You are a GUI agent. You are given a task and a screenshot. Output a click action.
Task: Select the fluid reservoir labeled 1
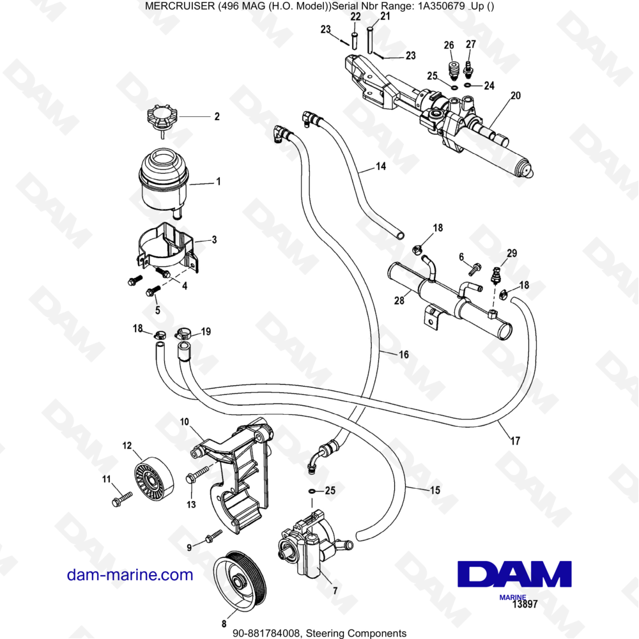click(x=163, y=180)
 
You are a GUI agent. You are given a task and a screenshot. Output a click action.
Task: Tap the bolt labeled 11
click(x=121, y=498)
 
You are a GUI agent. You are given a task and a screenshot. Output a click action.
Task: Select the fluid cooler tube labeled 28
click(x=447, y=294)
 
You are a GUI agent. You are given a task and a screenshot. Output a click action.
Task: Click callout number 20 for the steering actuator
click(x=515, y=96)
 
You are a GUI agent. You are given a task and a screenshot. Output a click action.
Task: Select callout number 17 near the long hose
click(x=515, y=440)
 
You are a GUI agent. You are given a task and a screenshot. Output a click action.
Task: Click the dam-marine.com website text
click(x=130, y=574)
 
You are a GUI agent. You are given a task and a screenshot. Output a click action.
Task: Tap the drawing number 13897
click(x=523, y=604)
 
